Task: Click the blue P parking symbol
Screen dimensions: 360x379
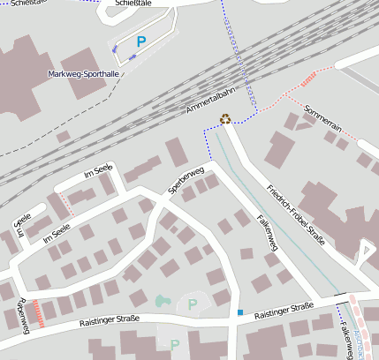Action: pyautogui.click(x=140, y=41)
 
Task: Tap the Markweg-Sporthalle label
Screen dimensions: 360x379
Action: pyautogui.click(x=85, y=74)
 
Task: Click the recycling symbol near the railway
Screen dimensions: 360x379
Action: pyautogui.click(x=225, y=119)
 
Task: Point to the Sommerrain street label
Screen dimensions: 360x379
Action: pyautogui.click(x=322, y=120)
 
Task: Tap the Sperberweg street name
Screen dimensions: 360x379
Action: pyautogui.click(x=186, y=179)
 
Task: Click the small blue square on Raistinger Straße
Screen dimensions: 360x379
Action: pyautogui.click(x=239, y=312)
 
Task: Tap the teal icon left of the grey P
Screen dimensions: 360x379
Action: pyautogui.click(x=161, y=301)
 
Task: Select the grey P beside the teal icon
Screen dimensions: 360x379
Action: pyautogui.click(x=192, y=304)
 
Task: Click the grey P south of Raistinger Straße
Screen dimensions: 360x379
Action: pyautogui.click(x=174, y=344)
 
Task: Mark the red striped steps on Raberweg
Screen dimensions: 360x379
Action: pyautogui.click(x=36, y=312)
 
